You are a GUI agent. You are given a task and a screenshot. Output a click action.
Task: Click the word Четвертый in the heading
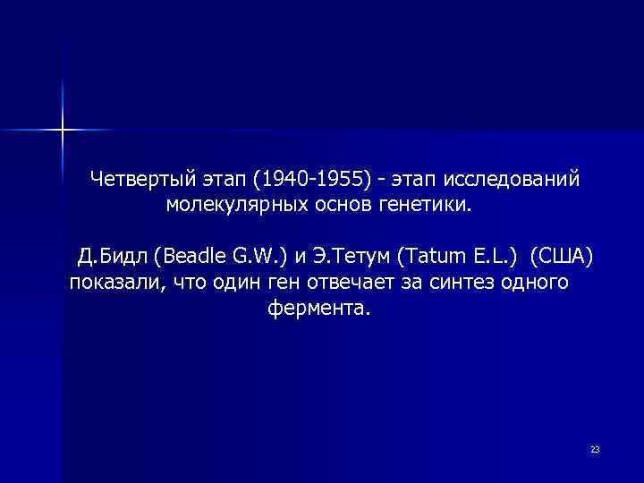click(138, 180)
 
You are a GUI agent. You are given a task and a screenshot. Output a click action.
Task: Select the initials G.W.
click(259, 258)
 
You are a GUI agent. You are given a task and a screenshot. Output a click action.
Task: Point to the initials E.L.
click(490, 258)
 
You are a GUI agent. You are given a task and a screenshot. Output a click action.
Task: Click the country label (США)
click(561, 258)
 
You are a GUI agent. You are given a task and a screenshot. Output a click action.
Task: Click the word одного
click(538, 284)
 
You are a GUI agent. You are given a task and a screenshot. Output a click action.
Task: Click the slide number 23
click(595, 449)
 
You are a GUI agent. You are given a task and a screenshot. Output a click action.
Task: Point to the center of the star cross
click(63, 130)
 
